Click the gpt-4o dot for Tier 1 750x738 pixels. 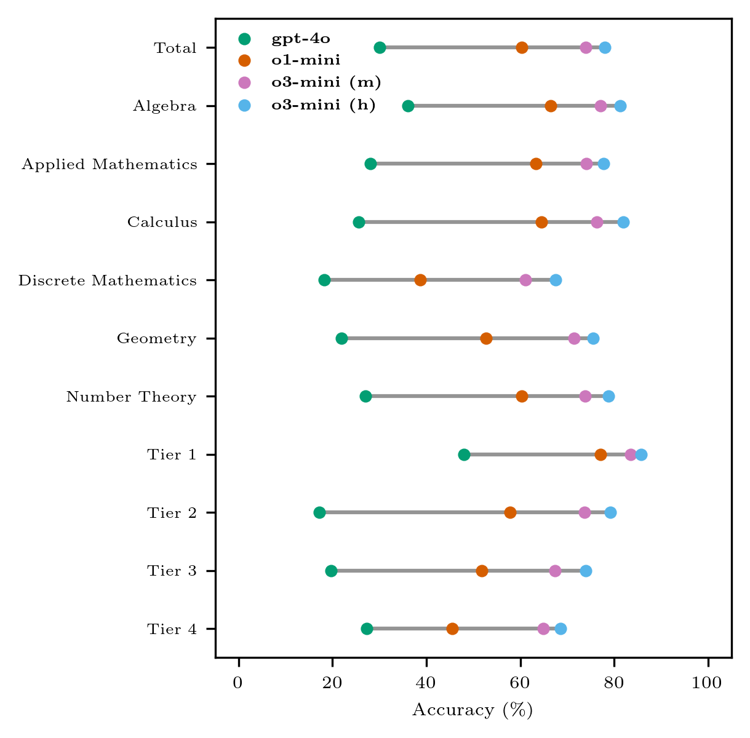tap(464, 454)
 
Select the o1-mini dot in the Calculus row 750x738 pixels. tap(541, 222)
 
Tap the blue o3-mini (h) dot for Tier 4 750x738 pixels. tap(561, 629)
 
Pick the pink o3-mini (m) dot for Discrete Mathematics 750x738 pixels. tap(525, 280)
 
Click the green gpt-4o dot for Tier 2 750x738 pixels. tap(319, 512)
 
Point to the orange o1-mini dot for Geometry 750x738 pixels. tap(486, 338)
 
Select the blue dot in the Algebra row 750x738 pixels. tap(620, 106)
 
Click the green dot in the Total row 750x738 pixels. tap(380, 48)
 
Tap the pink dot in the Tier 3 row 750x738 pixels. tap(555, 571)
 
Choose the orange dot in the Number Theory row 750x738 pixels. tap(522, 396)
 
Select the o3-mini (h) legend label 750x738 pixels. tap(323, 105)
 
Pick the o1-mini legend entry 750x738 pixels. tap(306, 60)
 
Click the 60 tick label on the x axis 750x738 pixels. tap(520, 684)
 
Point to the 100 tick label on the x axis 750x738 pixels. tap(708, 684)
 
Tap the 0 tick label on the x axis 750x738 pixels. tap(238, 684)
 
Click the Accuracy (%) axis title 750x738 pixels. tap(472, 710)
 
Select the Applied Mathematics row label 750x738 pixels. tap(110, 164)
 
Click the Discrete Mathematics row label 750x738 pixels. tap(108, 280)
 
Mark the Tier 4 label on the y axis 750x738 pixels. tap(172, 629)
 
